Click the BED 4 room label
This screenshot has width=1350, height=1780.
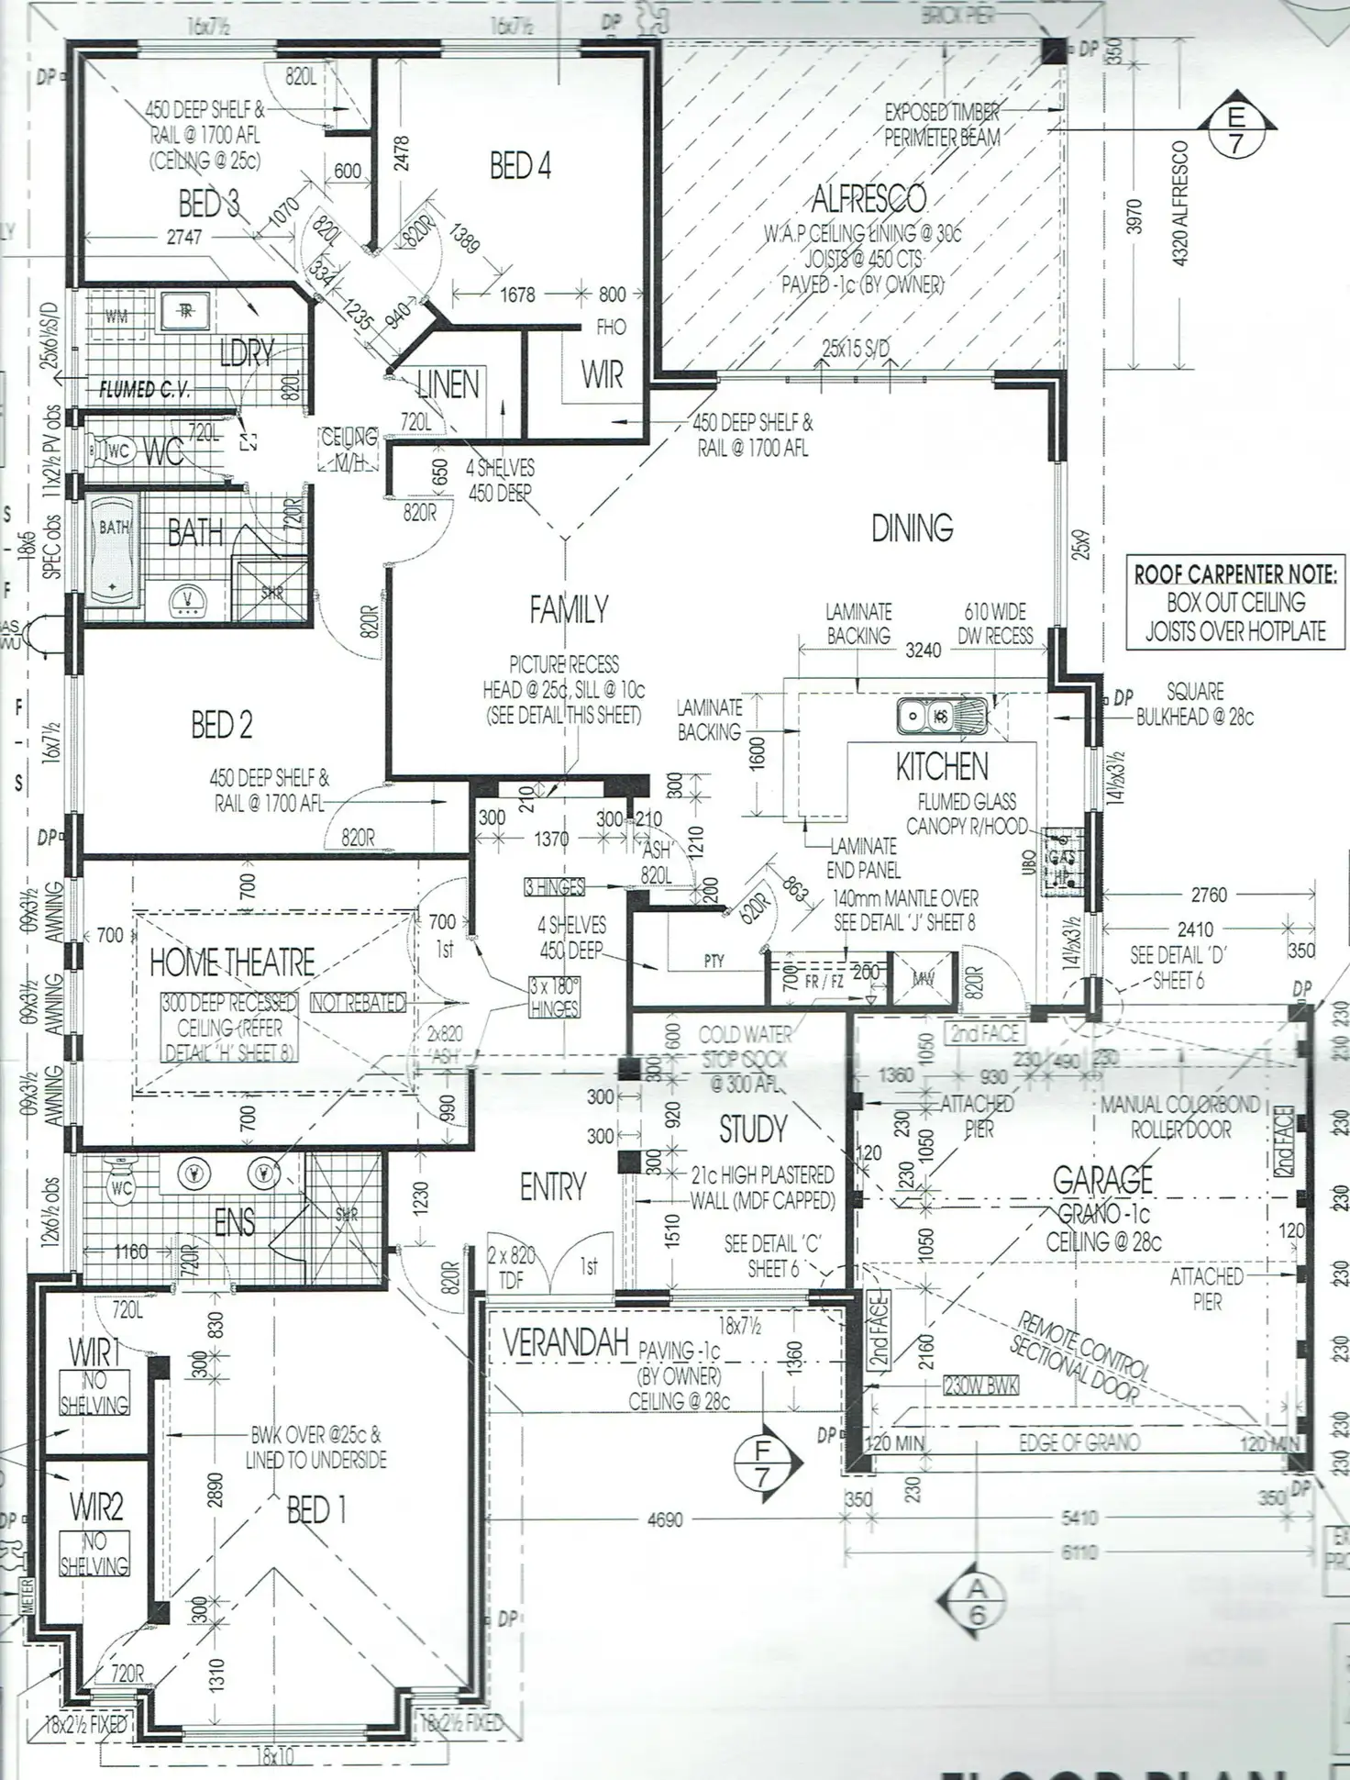[520, 166]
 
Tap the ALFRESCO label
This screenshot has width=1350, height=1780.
[868, 198]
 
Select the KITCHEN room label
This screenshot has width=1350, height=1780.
[942, 767]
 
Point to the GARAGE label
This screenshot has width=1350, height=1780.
[1102, 1180]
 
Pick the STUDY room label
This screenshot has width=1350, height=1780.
[753, 1129]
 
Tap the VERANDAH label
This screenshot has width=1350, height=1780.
[565, 1343]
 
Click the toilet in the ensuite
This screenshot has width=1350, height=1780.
[120, 1188]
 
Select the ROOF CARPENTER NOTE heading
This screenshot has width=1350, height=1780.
[1234, 574]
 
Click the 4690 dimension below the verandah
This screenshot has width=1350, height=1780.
[665, 1519]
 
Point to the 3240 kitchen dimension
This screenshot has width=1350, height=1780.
[923, 650]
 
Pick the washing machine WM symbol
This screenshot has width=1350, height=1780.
[116, 317]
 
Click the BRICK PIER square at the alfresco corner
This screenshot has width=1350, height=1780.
[1054, 50]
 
